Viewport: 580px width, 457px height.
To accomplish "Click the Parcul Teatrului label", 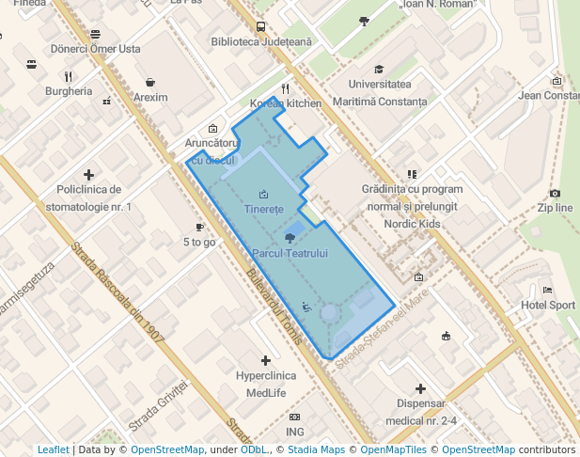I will (289, 254).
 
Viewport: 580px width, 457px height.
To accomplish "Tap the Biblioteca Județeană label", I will (260, 42).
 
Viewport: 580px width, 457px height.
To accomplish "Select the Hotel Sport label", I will (548, 306).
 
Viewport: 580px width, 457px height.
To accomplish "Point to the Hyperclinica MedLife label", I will (265, 385).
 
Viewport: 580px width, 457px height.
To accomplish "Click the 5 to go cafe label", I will (199, 242).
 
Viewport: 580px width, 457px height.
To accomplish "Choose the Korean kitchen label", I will (286, 103).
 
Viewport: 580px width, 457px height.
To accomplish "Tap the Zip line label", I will (555, 208).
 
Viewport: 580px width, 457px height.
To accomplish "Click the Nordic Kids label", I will (412, 224).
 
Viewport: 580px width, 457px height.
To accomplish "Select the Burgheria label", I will (69, 91).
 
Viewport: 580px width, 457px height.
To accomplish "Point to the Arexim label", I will (150, 97).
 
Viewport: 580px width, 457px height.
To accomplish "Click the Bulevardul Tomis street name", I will (273, 307).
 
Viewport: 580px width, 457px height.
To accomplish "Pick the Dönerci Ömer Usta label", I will (95, 49).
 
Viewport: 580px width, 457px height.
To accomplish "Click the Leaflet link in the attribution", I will (53, 450).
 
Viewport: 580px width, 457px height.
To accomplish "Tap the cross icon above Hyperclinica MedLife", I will (266, 360).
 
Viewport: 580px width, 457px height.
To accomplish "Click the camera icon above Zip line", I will (555, 193).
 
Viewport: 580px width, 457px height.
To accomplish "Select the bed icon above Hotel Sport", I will (548, 291).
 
